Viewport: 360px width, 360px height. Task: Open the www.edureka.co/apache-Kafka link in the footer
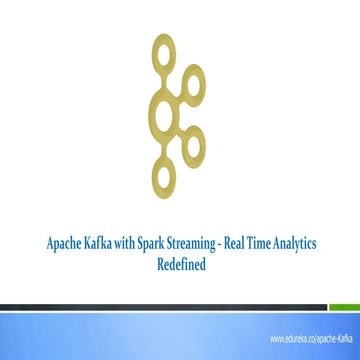tap(312, 338)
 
